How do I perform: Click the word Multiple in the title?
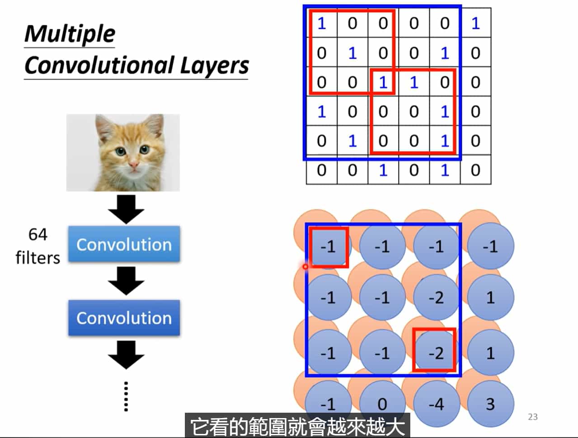click(x=70, y=34)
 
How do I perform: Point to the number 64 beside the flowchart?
click(x=38, y=234)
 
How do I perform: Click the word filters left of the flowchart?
click(x=38, y=258)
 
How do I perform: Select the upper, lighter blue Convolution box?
click(x=124, y=245)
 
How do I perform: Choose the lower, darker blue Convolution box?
click(x=124, y=318)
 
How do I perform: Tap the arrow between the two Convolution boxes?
click(x=126, y=281)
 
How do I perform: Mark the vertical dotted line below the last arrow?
click(x=126, y=396)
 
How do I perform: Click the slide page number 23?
click(x=533, y=417)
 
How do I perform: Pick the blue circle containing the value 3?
click(x=490, y=404)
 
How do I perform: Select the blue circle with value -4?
click(x=436, y=404)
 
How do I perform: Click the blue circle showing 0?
click(x=382, y=404)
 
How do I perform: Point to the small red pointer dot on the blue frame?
click(x=305, y=267)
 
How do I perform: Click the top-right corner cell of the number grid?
click(x=475, y=23)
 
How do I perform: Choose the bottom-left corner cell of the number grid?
click(x=321, y=170)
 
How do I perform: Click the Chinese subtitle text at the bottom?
click(x=297, y=426)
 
